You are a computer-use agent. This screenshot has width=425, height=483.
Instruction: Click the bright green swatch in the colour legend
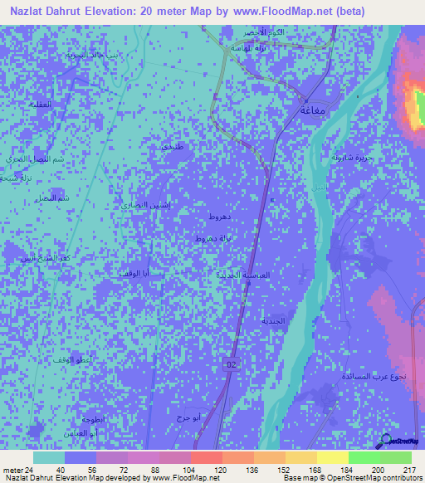click(x=364, y=457)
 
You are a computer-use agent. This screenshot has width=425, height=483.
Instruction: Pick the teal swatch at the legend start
click(x=49, y=457)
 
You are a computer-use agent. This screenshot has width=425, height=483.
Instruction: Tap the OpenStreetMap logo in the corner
click(x=401, y=442)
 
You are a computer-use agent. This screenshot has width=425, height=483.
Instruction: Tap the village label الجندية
click(x=273, y=320)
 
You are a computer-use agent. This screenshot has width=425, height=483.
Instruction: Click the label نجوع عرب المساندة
click(x=374, y=376)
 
